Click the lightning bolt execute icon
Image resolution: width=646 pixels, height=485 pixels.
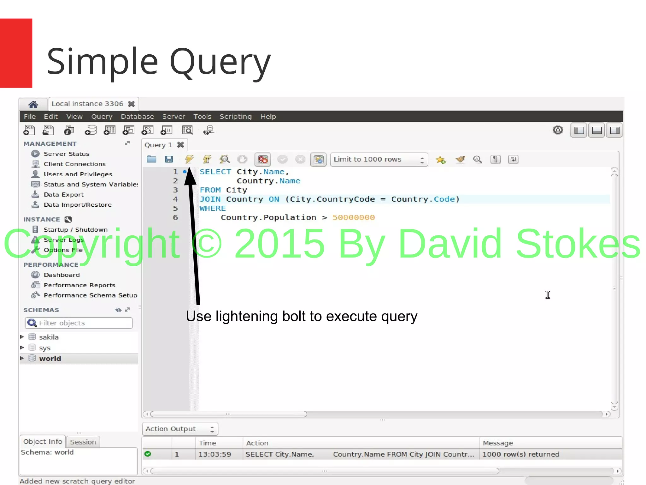pos(189,159)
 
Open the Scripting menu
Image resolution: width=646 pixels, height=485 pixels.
pos(235,117)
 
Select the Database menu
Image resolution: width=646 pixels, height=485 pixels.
pos(137,117)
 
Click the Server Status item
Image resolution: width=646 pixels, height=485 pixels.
pos(66,154)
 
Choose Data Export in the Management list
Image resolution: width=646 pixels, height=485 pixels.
pos(63,195)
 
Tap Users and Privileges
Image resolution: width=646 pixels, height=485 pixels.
pos(78,174)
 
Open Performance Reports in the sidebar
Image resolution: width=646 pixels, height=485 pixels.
pos(79,285)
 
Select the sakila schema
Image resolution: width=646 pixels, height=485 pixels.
pos(49,337)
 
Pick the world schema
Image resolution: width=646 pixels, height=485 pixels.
pos(50,359)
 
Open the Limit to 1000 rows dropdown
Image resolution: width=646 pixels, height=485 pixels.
pos(379,160)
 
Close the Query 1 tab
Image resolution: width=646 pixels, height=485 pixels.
pos(180,145)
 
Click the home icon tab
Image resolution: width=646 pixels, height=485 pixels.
pos(33,104)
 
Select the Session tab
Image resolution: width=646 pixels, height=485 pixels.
pos(83,442)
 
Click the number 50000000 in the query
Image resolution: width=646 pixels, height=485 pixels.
pos(354,217)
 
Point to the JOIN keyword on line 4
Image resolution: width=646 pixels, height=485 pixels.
pos(210,199)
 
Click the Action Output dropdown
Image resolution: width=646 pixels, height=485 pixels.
pos(180,429)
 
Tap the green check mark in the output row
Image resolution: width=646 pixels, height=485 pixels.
pos(148,454)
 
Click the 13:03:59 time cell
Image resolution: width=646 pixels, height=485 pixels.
pos(214,454)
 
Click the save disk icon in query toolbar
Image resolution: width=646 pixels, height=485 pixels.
pos(169,159)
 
